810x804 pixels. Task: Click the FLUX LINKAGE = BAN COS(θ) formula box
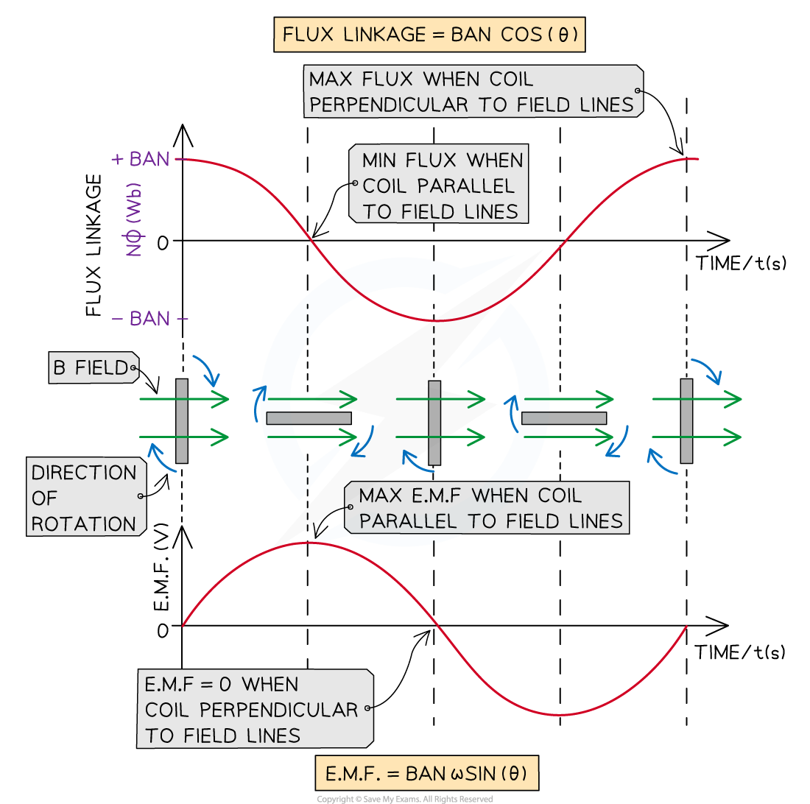pos(429,35)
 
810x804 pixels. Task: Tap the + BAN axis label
pos(141,159)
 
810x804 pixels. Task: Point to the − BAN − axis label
pos(149,319)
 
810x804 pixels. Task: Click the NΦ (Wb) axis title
pos(135,220)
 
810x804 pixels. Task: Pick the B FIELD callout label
pos(93,367)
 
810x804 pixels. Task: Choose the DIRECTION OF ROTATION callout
pos(85,498)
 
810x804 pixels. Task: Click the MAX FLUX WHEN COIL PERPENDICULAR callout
pos(472,91)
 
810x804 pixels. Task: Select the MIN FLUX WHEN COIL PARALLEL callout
pos(440,186)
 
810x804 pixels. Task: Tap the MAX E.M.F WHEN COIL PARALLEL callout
pos(486,508)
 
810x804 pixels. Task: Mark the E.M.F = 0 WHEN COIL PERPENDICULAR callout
pos(255,709)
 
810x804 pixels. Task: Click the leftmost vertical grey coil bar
pos(182,421)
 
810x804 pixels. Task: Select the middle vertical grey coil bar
pos(434,423)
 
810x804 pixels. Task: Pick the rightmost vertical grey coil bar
pos(686,420)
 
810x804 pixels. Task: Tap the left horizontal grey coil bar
pos(309,418)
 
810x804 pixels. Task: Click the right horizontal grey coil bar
pos(563,418)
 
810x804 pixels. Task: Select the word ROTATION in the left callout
pos(84,524)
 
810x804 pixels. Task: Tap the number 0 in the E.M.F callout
pos(226,685)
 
